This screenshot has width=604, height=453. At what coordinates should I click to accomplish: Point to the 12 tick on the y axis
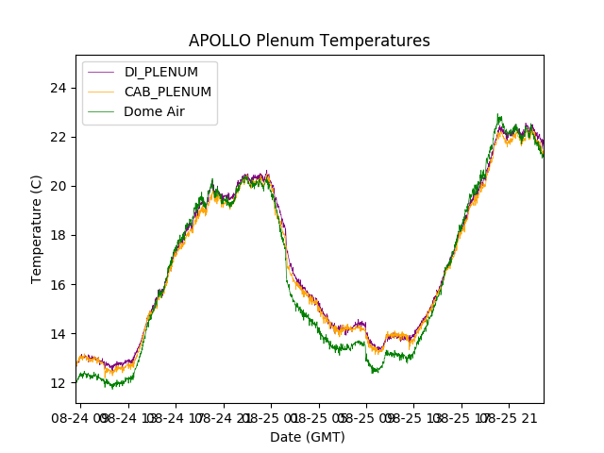59,383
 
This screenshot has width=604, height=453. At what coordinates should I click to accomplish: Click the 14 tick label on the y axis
59,334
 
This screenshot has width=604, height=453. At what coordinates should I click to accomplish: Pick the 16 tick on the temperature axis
59,284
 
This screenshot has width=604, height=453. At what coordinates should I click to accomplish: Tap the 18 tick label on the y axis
59,235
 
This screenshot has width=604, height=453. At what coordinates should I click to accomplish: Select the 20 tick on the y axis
59,186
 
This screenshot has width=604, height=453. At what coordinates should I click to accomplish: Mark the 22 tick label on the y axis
59,137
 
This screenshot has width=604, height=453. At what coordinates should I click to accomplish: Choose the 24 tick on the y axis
59,88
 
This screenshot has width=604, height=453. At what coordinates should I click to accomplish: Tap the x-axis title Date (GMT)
308,437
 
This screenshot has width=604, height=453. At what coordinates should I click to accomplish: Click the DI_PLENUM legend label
161,73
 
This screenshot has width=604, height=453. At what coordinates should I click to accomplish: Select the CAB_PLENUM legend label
167,92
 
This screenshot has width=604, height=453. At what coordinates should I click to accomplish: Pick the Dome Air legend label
154,111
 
